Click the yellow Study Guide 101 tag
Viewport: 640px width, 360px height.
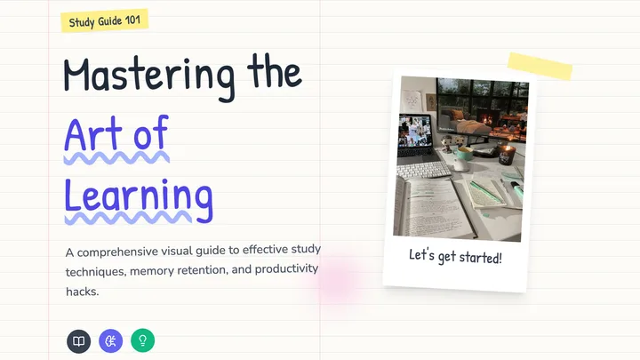tap(105, 20)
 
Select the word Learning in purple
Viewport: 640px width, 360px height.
tap(139, 199)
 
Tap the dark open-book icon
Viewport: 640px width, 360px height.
tap(79, 341)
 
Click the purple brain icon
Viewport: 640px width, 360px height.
tap(110, 340)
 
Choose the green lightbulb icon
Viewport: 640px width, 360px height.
tap(142, 340)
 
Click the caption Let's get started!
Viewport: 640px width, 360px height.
tap(455, 256)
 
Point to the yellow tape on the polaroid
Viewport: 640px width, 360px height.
tap(540, 66)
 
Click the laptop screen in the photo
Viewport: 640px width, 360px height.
tap(415, 132)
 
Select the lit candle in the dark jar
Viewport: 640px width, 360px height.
tap(506, 155)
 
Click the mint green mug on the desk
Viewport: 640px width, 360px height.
tap(462, 155)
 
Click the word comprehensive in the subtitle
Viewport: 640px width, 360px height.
tap(117, 252)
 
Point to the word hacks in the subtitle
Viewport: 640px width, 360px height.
tap(82, 292)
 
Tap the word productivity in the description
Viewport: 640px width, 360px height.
tap(286, 269)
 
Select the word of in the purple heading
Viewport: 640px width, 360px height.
tap(151, 132)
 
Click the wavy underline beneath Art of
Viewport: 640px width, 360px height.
tap(116, 157)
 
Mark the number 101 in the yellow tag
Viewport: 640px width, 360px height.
tap(132, 20)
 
